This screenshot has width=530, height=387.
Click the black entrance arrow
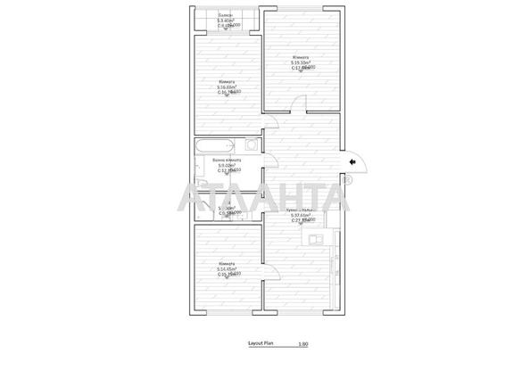tap(354, 161)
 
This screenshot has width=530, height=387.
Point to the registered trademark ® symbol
tap(347, 181)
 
